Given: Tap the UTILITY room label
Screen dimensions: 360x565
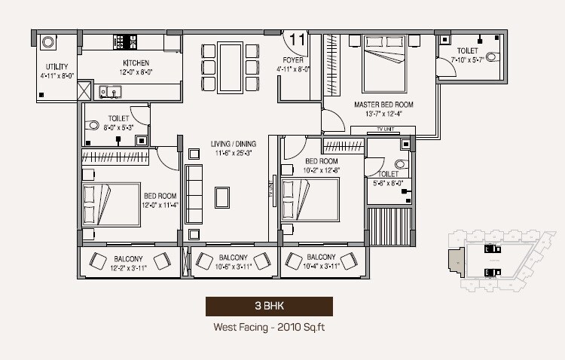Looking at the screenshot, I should point(56,66).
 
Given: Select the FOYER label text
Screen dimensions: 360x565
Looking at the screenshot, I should point(292,59).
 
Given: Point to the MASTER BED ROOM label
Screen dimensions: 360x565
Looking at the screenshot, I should point(383,105).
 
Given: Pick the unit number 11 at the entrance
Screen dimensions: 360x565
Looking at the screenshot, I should point(297,38).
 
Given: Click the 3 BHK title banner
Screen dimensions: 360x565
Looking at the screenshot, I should point(269,307).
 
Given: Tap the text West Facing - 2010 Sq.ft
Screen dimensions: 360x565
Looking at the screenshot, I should point(269,328).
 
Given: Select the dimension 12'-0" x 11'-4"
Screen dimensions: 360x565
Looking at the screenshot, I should point(159,204).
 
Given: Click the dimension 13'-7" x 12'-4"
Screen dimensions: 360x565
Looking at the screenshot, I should point(383,114).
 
